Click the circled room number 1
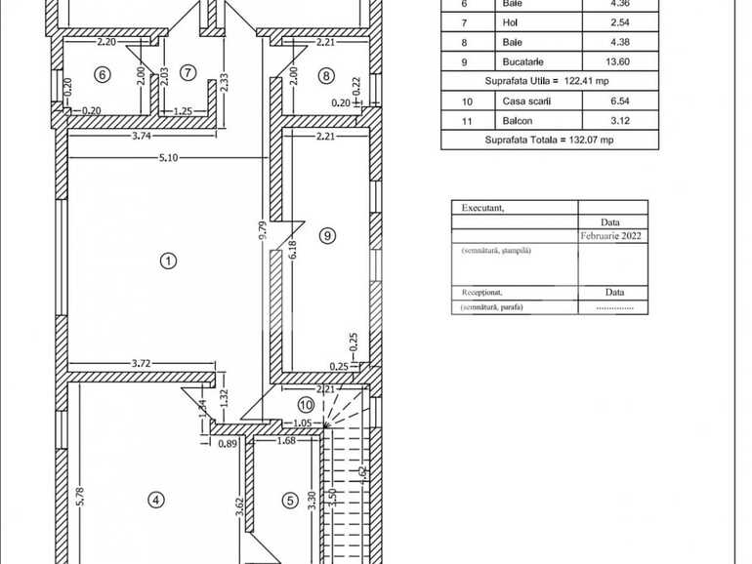pyautogui.click(x=168, y=261)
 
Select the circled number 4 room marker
pyautogui.click(x=155, y=500)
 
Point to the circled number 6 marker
pyautogui.click(x=101, y=73)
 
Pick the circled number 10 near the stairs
pyautogui.click(x=306, y=405)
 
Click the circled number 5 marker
pyautogui.click(x=289, y=501)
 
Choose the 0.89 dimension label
pyautogui.click(x=228, y=443)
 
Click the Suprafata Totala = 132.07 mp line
pyautogui.click(x=549, y=140)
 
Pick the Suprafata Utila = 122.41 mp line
pyautogui.click(x=549, y=80)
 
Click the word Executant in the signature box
pyautogui.click(x=483, y=208)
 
